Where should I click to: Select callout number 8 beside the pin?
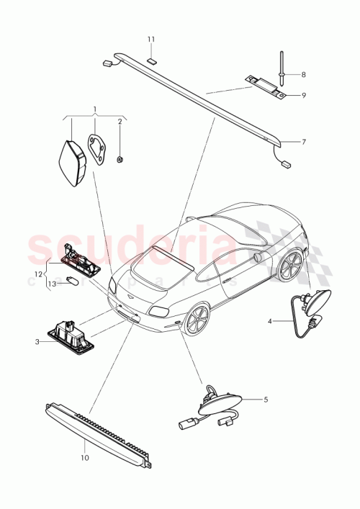(303, 74)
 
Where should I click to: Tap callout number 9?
(303, 94)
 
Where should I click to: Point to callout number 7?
(303, 142)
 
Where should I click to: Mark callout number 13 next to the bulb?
(51, 284)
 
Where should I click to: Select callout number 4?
(270, 321)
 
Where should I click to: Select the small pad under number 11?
(151, 60)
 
